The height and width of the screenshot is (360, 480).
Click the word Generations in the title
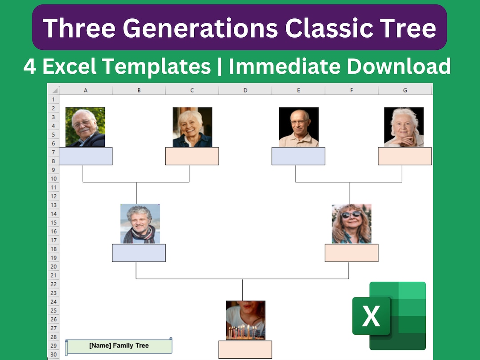click(200, 28)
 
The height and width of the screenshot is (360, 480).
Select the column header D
click(245, 90)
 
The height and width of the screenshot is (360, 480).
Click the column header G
click(405, 90)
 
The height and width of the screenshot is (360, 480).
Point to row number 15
click(53, 223)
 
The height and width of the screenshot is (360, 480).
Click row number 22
click(53, 284)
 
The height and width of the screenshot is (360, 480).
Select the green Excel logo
click(389, 316)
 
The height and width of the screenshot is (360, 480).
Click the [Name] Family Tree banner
click(119, 346)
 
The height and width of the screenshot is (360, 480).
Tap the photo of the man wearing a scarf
click(140, 224)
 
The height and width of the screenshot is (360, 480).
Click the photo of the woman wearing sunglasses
click(352, 224)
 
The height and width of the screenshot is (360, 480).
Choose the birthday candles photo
click(245, 320)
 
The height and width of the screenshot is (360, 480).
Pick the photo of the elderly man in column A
click(85, 127)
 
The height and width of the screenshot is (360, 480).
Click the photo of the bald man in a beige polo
click(299, 127)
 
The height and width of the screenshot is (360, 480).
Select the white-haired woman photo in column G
click(404, 127)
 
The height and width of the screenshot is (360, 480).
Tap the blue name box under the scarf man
click(139, 253)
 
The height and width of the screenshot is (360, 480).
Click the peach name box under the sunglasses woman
click(352, 253)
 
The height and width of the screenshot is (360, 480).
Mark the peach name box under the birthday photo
click(245, 349)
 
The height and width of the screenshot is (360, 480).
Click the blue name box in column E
click(298, 156)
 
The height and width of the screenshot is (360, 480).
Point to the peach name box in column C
click(192, 156)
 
